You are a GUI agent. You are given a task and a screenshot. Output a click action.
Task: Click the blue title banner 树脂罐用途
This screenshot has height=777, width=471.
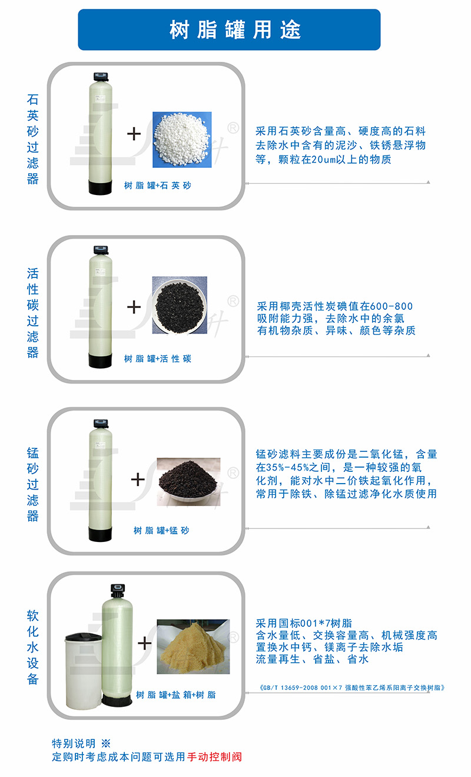(229, 30)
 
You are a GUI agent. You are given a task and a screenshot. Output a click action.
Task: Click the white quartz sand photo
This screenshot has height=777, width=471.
(182, 140)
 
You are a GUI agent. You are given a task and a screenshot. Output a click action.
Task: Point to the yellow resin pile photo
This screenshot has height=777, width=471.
(193, 646)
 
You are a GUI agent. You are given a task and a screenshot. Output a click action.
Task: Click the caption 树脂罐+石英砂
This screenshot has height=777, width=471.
(157, 186)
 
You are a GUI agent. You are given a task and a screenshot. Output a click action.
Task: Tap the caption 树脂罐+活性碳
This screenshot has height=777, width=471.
(157, 358)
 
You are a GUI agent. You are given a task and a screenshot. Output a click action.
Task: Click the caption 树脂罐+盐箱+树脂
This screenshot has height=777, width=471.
(175, 695)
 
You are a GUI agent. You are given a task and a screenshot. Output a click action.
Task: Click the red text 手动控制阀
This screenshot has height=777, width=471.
(214, 757)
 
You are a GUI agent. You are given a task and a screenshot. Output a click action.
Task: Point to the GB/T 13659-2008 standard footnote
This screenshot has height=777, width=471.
(351, 687)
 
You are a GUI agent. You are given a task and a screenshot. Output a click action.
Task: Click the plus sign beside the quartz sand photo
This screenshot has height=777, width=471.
(134, 134)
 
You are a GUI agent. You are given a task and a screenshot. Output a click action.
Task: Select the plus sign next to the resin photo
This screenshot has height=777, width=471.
(145, 643)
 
